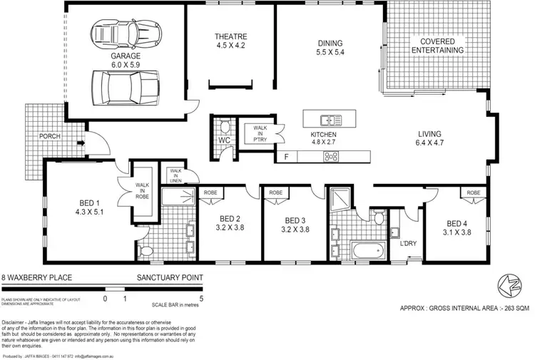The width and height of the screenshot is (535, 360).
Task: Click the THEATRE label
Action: click(230, 36)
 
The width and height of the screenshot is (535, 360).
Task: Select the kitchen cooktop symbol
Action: click(331, 157)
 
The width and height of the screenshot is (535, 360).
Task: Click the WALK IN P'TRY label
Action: click(256, 133)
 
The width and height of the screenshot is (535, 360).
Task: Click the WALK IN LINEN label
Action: click(175, 174)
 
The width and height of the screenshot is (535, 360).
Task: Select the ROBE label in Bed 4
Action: click(474, 193)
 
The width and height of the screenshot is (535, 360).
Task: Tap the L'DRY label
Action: click(408, 244)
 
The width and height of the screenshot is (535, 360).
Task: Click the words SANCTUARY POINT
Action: click(169, 277)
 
